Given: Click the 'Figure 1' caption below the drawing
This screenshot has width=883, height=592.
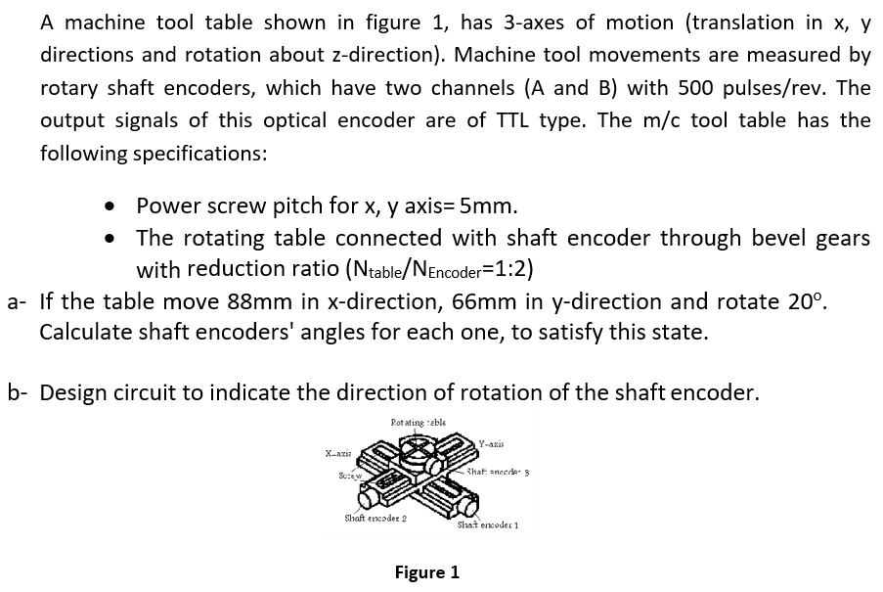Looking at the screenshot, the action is coord(426,572).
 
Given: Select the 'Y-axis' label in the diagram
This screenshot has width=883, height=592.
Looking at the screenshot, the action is coord(492,443).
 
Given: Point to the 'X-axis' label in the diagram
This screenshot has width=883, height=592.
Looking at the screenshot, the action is coord(338,452).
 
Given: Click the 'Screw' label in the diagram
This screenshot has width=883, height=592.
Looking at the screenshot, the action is coord(349,478).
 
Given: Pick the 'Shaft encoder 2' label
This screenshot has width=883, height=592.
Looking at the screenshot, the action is coord(375,518).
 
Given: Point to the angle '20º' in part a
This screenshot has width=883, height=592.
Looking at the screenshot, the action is coord(810,300).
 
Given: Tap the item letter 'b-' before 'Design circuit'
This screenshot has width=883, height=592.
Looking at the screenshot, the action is coord(19,393).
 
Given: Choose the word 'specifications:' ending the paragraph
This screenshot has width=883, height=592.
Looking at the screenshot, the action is coord(202,154).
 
